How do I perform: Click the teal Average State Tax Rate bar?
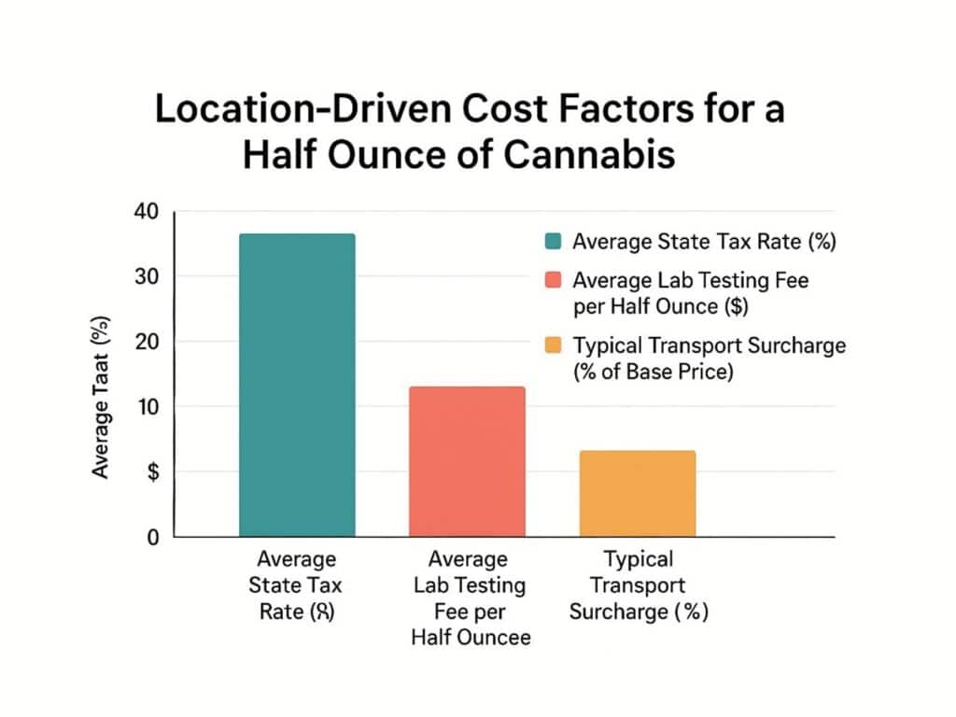click(x=297, y=385)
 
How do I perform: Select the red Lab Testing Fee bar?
click(x=467, y=461)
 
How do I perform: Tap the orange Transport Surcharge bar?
click(x=637, y=493)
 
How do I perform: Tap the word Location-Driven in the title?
click(x=289, y=109)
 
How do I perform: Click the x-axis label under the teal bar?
click(x=296, y=586)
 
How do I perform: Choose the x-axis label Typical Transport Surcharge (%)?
click(x=638, y=586)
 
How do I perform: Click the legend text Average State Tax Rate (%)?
click(x=704, y=242)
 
